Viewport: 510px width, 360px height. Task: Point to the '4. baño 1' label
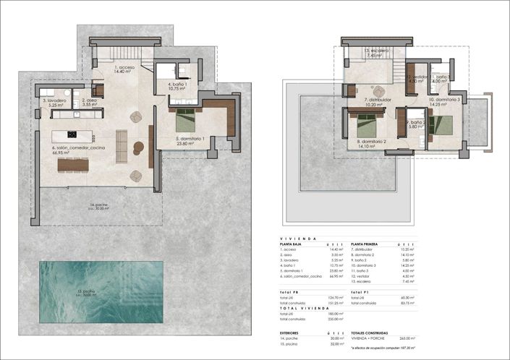[178, 84]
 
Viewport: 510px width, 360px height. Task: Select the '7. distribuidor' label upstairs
[378, 100]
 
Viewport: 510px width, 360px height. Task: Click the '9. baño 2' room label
[418, 123]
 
